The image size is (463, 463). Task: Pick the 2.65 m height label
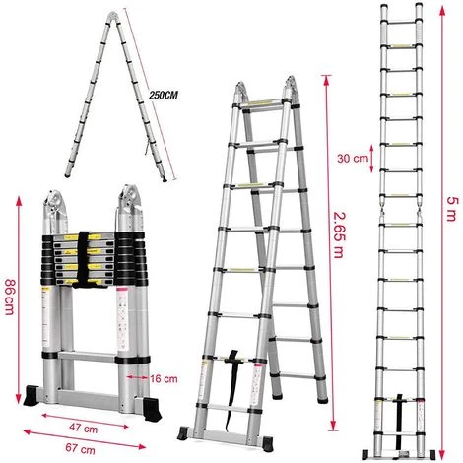pos(341,235)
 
